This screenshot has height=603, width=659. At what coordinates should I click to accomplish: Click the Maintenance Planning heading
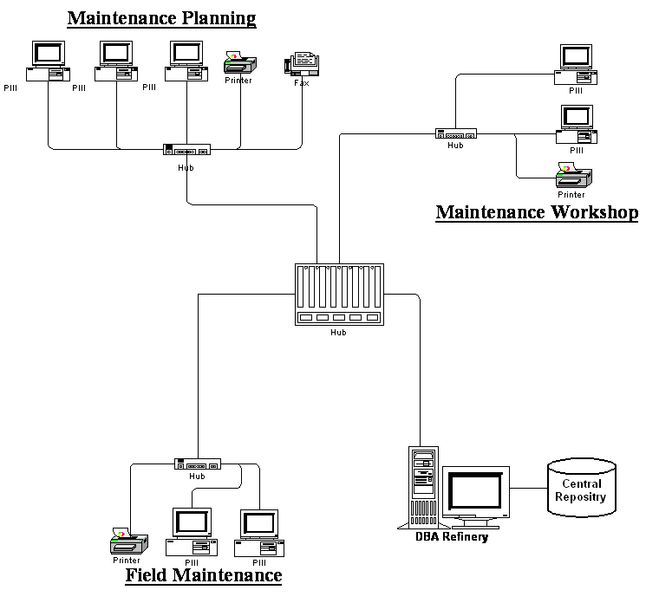162,18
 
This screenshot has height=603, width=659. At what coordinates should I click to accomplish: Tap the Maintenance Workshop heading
537,212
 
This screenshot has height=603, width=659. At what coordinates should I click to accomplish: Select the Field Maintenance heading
204,575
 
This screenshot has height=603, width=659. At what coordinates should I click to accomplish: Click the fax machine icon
302,64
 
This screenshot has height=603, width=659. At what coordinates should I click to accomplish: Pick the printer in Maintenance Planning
240,62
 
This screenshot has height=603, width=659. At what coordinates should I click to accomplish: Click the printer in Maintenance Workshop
574,176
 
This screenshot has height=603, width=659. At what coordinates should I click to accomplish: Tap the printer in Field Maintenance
129,541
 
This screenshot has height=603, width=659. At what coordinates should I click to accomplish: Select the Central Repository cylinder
582,488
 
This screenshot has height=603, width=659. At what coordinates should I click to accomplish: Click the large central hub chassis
339,295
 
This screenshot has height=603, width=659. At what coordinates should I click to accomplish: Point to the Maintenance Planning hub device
186,150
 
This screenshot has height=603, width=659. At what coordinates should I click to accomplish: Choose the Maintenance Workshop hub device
456,133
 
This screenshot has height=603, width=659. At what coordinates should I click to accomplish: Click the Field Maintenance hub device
198,464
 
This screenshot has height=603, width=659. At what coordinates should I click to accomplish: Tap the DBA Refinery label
452,536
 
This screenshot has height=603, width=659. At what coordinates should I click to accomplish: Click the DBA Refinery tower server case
423,487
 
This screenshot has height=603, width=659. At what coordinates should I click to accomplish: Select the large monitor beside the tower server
476,496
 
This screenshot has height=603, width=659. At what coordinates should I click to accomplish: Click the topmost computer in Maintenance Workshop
576,65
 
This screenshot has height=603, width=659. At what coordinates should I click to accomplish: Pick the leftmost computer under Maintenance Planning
48,61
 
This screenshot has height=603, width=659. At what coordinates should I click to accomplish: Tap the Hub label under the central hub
338,333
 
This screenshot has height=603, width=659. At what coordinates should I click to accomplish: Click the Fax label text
302,83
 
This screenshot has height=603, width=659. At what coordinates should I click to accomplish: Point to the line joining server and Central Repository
529,488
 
